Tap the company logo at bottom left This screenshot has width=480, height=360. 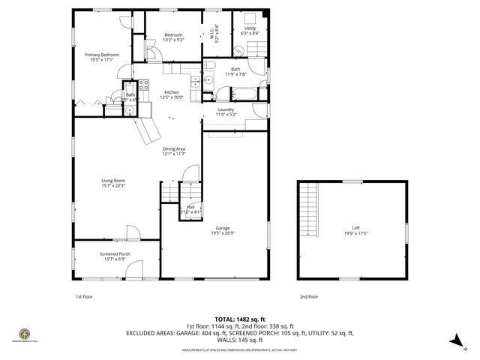tap(24, 334)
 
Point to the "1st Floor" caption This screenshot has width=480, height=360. tap(84, 296)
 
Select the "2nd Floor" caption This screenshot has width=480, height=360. tap(308, 296)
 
